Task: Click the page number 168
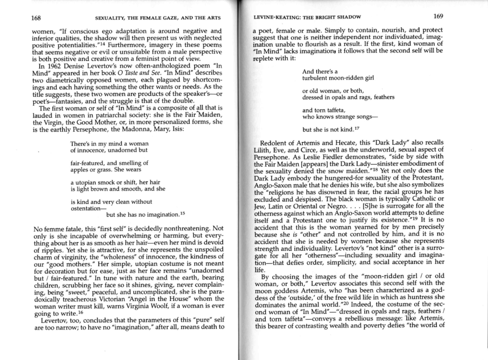point(36,18)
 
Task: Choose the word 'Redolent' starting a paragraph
point(275,142)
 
